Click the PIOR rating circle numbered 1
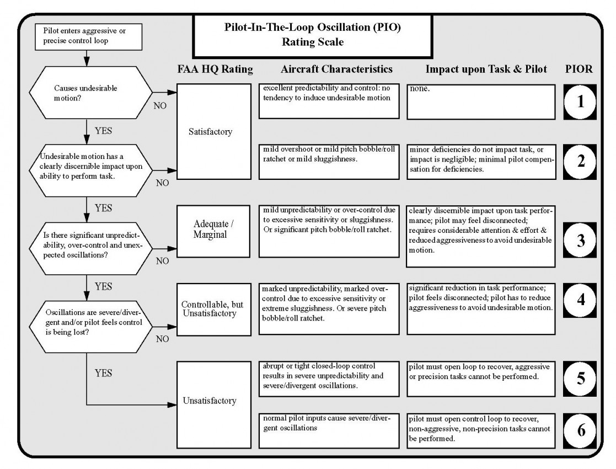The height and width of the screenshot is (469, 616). point(580,102)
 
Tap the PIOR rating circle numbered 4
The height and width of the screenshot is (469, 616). point(580,300)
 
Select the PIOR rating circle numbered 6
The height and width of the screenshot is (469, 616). point(580,430)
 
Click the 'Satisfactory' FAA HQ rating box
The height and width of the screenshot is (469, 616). point(214,131)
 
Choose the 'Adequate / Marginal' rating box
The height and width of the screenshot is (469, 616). point(213,231)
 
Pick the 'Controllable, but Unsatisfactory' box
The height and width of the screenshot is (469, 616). point(214,310)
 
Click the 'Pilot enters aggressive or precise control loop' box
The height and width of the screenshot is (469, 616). point(88,36)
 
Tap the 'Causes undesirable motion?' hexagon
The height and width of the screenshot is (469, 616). point(91,93)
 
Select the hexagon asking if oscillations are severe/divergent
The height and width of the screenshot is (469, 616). point(91,326)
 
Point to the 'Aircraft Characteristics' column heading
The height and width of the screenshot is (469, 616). point(337,69)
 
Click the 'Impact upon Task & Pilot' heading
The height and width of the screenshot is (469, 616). point(486,69)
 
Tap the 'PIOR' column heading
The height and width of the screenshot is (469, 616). point(578,69)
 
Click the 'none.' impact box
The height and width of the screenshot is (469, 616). point(481,102)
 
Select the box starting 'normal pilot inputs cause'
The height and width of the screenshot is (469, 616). point(329,430)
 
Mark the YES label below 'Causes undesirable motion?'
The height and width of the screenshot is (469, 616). point(103,131)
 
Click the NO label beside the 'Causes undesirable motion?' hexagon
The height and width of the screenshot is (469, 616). point(160,106)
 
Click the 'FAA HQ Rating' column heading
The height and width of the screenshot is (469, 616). point(215,69)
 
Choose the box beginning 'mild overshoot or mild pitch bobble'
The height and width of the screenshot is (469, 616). point(329,162)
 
